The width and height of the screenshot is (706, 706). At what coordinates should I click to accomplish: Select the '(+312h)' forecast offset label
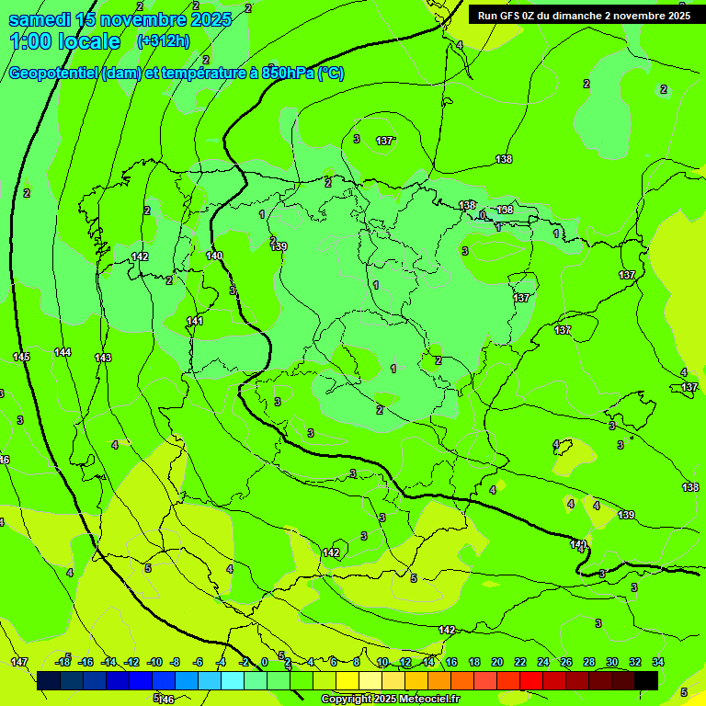pyautogui.click(x=163, y=40)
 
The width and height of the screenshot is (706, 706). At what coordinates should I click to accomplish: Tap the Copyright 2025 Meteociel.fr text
pyautogui.click(x=391, y=700)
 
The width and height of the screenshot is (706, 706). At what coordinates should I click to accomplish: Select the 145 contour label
pyautogui.click(x=21, y=357)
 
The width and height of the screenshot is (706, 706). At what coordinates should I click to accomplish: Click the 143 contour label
pyautogui.click(x=103, y=358)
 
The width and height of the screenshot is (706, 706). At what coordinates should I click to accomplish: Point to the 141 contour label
pyautogui.click(x=195, y=321)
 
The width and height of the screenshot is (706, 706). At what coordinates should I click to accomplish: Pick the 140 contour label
pyautogui.click(x=214, y=256)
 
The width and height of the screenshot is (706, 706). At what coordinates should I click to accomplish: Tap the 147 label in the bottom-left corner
pyautogui.click(x=19, y=662)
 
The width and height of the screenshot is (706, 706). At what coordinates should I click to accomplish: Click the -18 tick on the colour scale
pyautogui.click(x=63, y=662)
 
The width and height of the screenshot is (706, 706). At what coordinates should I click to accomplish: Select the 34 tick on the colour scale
pyautogui.click(x=658, y=662)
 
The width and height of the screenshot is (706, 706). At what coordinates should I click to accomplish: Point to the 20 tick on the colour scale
pyautogui.click(x=497, y=662)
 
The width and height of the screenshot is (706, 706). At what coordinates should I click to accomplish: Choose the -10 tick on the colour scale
pyautogui.click(x=154, y=662)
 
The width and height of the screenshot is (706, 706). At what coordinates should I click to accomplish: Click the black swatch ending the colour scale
pyautogui.click(x=646, y=680)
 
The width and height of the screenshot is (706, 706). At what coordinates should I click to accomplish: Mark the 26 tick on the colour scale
pyautogui.click(x=566, y=662)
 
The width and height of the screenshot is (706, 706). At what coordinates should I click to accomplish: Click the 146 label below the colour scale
pyautogui.click(x=166, y=700)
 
